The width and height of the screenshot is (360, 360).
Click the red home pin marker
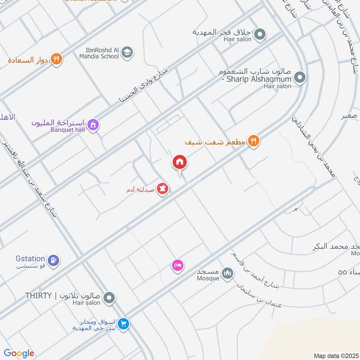[179, 162]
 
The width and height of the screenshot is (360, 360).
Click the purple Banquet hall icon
[93, 125]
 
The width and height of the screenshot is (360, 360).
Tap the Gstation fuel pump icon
[54, 260]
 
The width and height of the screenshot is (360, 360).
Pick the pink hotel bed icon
[177, 265]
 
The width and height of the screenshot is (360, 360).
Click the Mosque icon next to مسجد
[228, 273]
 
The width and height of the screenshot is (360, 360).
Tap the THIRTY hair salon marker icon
[109, 297]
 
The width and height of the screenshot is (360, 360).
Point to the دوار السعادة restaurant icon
[56, 59]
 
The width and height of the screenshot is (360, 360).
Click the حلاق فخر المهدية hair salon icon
[260, 34]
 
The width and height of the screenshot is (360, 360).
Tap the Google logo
[19, 353]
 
